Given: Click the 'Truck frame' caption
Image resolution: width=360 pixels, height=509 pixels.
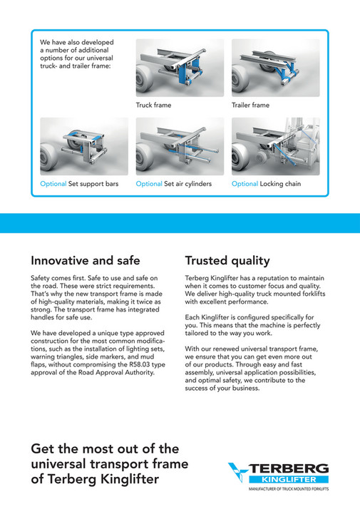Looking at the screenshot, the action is click(x=153, y=105).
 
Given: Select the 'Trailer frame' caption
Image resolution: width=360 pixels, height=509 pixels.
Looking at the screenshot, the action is click(x=250, y=105).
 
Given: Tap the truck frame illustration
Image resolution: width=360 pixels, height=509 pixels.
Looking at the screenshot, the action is click(x=180, y=68).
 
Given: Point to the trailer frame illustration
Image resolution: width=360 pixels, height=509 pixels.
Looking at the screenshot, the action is click(x=275, y=68).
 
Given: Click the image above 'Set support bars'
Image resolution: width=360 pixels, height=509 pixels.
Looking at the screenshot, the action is click(x=84, y=146).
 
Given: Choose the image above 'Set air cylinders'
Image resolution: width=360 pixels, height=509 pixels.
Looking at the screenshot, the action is click(x=180, y=146).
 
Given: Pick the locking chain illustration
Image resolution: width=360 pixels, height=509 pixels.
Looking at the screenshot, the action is click(x=275, y=146).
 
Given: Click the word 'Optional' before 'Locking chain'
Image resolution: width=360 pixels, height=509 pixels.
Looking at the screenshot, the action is click(x=245, y=184).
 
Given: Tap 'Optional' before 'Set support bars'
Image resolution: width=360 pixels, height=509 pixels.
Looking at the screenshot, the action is click(x=53, y=184).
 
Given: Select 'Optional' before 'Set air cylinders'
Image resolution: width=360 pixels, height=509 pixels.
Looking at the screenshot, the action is click(x=149, y=184).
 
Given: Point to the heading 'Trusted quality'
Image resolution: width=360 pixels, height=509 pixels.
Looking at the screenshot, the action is click(x=227, y=260).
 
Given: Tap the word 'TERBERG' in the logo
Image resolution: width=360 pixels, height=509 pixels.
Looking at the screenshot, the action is click(x=289, y=468).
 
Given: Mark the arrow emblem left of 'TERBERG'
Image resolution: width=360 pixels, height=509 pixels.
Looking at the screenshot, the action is click(x=239, y=472).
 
